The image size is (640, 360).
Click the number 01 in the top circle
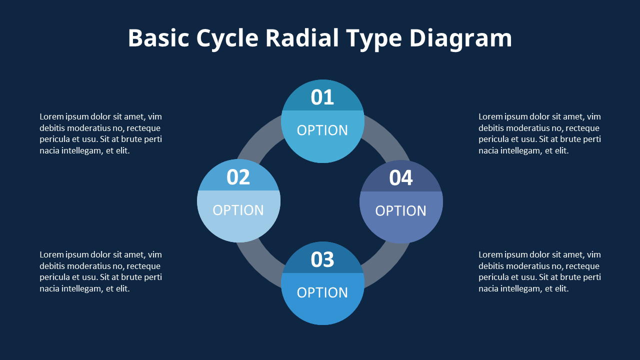[322, 97]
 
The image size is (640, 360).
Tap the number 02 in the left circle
[238, 177]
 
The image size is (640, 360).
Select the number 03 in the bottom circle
[322, 259]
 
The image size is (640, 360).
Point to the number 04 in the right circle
[400, 178]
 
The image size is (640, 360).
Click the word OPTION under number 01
[322, 130]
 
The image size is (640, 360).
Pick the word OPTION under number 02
[238, 210]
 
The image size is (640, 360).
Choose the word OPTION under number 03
[322, 292]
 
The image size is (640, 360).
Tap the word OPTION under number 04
[400, 210]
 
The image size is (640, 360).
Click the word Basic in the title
[158, 38]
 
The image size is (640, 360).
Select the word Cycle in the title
[227, 38]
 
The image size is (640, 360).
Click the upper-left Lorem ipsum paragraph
[100, 133]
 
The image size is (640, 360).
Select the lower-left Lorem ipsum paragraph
[100, 271]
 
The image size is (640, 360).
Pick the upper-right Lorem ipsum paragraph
[539, 133]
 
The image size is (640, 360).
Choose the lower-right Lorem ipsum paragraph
[539, 271]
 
